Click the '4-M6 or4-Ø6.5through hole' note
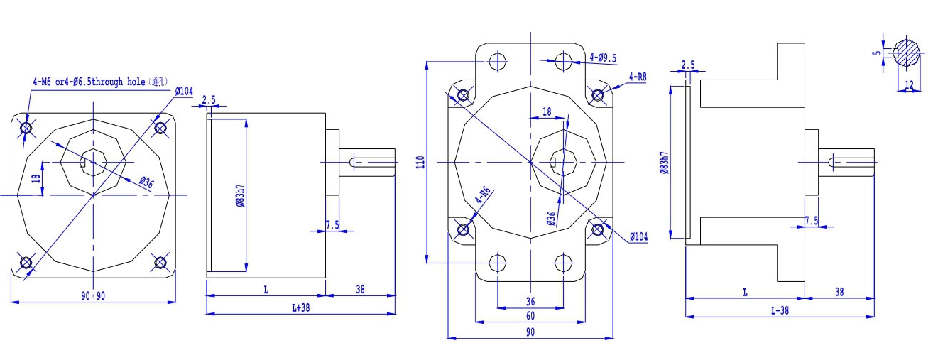(99, 82)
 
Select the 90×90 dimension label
(92, 296)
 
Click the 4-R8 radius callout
(637, 77)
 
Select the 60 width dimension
(530, 315)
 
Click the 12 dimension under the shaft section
(909, 85)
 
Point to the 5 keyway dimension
(877, 52)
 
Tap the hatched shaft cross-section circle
(908, 52)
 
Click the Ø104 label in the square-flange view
(183, 91)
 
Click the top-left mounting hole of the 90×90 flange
(26, 128)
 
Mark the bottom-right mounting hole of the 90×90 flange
(160, 263)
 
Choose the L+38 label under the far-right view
(779, 310)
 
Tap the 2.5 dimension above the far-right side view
(687, 65)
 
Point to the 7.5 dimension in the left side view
(332, 225)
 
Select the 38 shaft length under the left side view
(360, 289)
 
